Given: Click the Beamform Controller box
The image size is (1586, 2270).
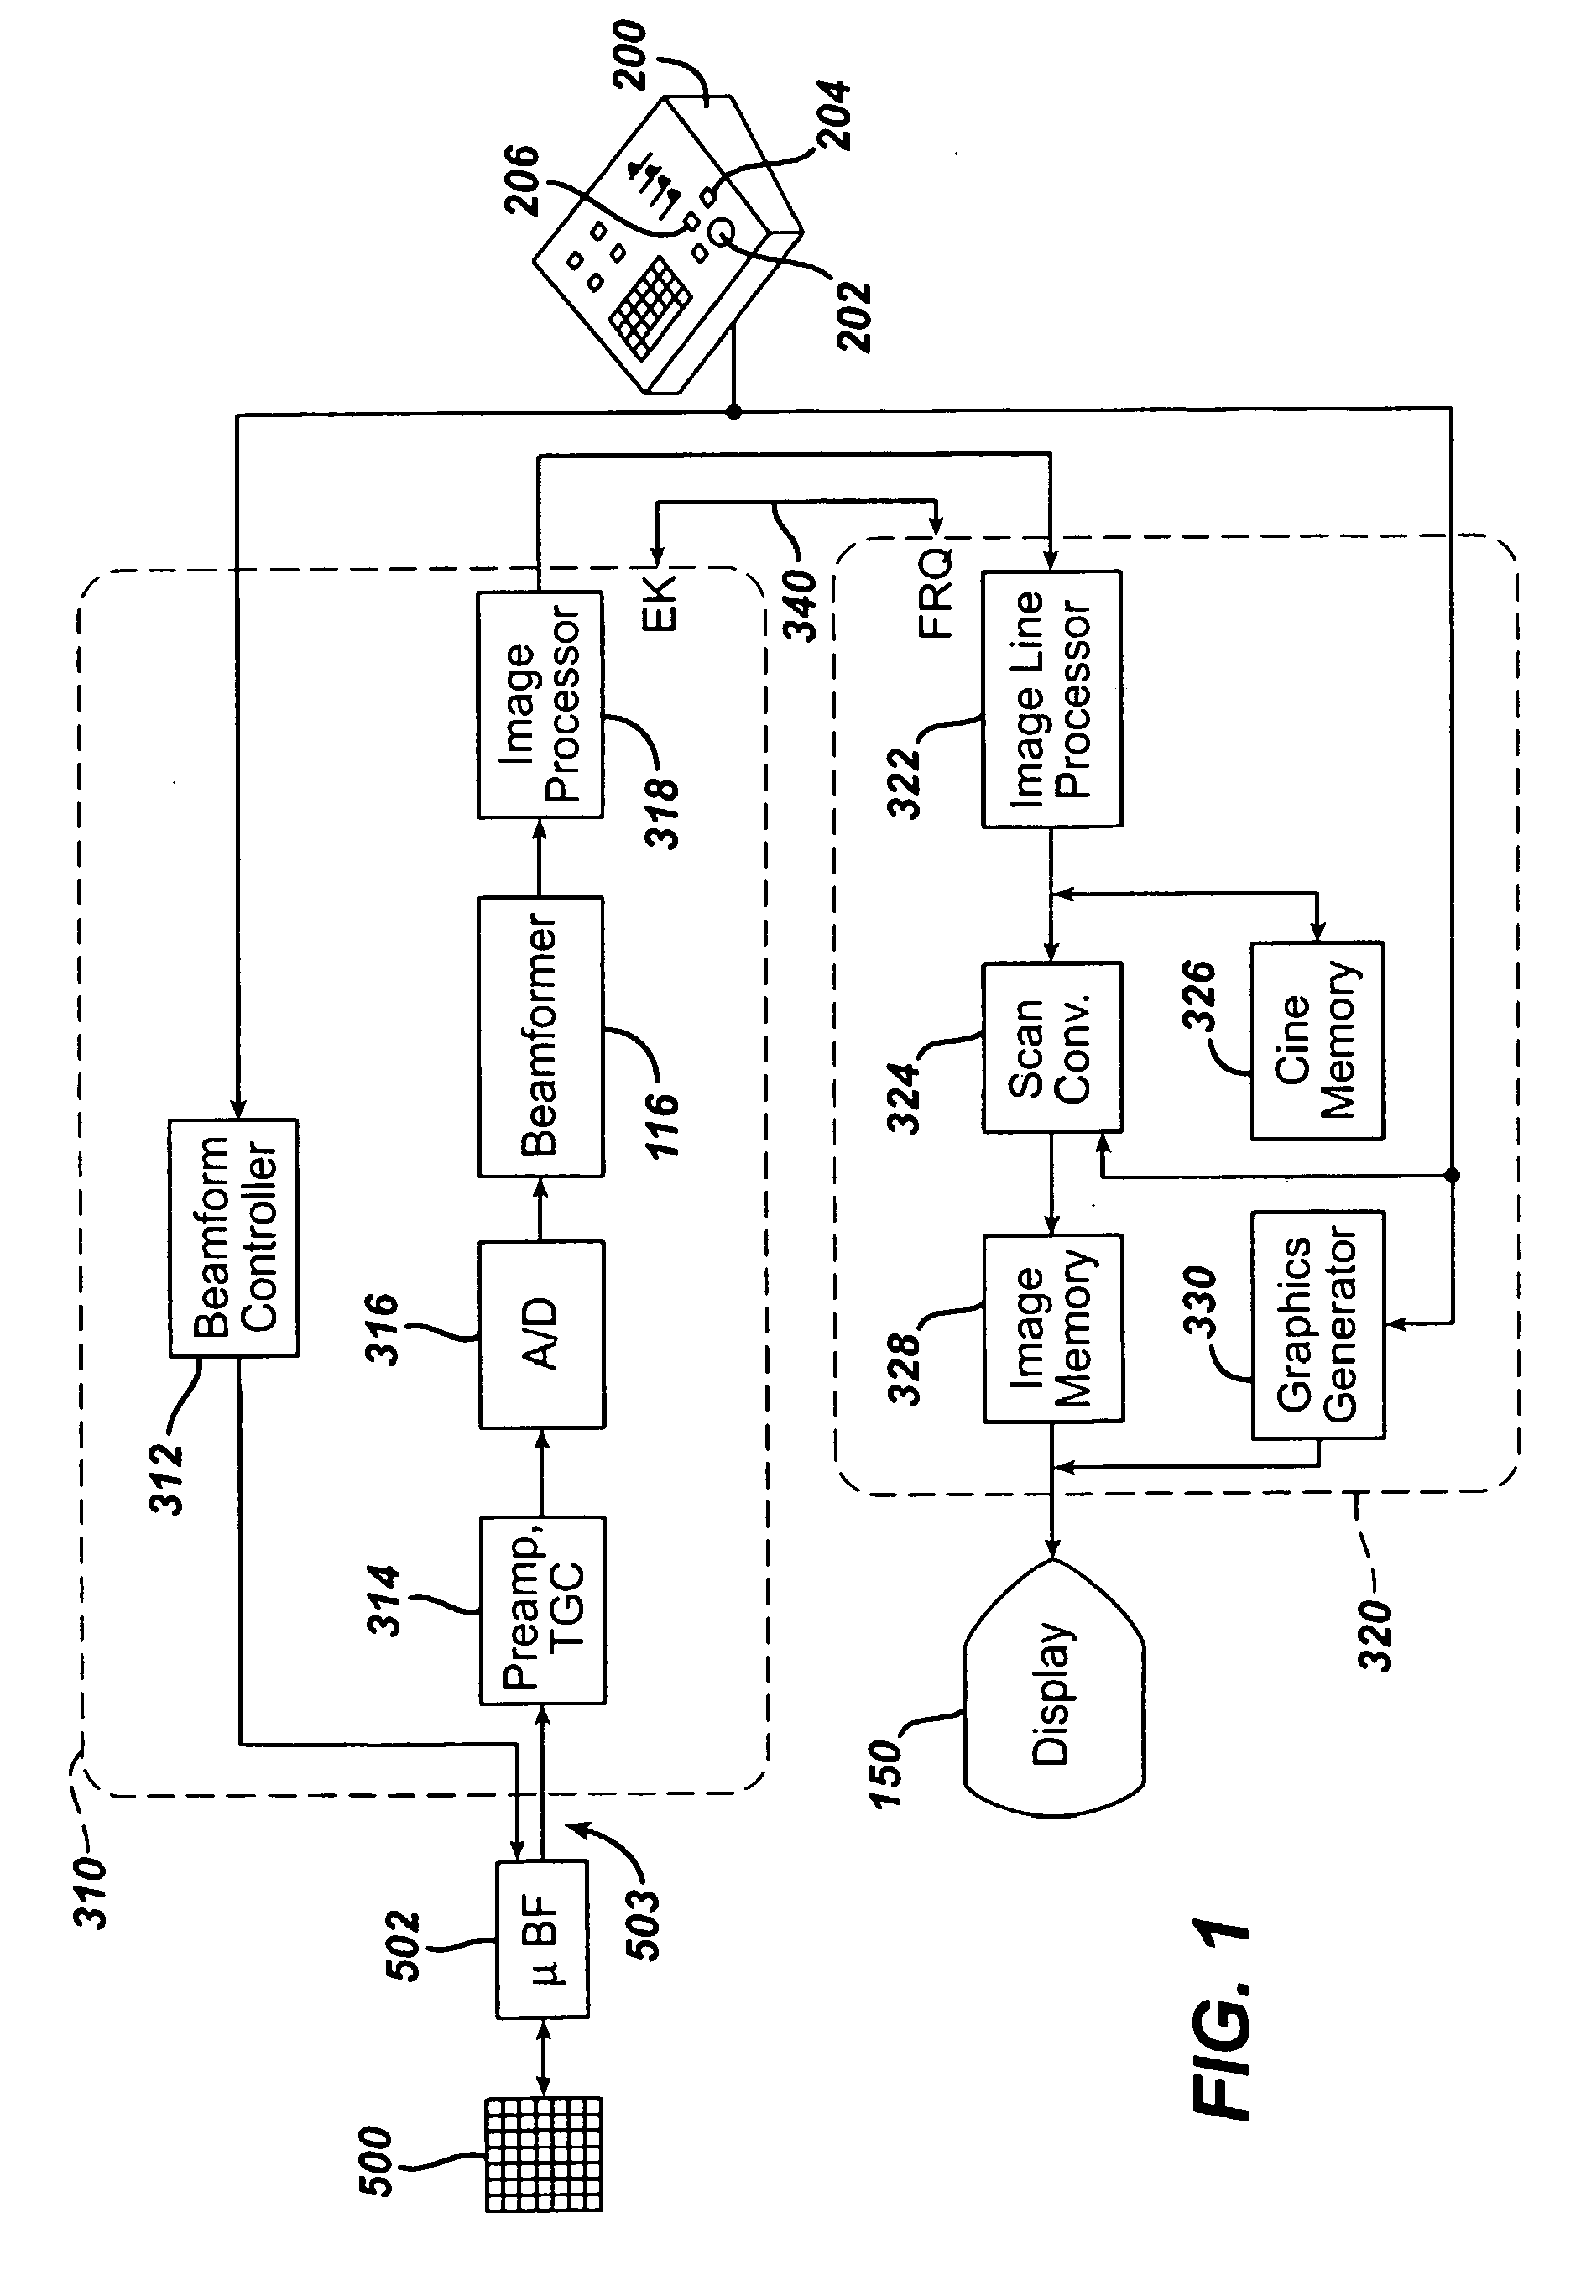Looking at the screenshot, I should pos(233,1237).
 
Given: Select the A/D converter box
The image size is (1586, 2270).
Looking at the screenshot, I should pos(542,1333).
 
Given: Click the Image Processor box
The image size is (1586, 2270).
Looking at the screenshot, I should pos(540,704).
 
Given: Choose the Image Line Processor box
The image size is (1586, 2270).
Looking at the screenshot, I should pos(1051,698).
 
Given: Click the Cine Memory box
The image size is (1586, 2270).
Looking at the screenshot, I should pos(1317,1040).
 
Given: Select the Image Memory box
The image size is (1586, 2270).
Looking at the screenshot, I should pos(1052,1327).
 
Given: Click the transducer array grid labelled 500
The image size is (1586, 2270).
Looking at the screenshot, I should pos(544,2153).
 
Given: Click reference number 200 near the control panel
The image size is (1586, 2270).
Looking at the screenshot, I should pos(630,55).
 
